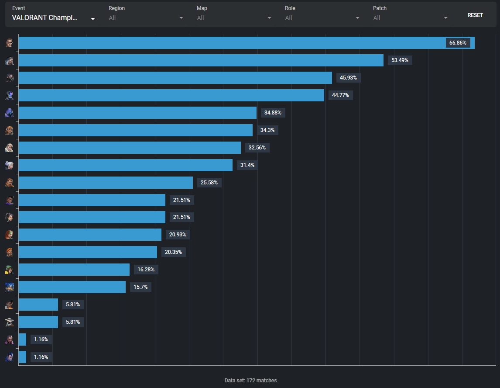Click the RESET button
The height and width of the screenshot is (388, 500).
pos(475,15)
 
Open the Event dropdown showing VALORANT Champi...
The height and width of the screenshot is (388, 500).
pos(54,18)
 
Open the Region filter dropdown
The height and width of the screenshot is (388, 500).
pos(146,18)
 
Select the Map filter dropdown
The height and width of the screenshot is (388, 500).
pos(234,18)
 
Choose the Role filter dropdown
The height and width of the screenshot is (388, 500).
pos(322,18)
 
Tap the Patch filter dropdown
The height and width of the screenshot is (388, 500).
pos(410,18)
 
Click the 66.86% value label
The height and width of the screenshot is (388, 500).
pos(458,43)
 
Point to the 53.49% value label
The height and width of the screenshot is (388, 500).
pos(400,60)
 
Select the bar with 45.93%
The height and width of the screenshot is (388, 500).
pos(175,78)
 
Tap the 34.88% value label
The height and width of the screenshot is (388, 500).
pos(273,113)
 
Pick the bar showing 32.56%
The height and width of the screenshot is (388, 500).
pos(129,148)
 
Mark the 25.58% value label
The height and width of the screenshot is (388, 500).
pos(209,182)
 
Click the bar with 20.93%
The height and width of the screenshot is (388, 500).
pos(89,235)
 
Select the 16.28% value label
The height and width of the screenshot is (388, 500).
pos(146,270)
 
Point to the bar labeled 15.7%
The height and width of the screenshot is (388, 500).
pos(72,287)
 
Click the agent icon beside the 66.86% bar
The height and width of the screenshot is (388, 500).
pos(10,43)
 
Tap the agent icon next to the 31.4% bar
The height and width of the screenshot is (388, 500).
pos(10,165)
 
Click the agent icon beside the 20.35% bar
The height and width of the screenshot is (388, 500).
pos(10,252)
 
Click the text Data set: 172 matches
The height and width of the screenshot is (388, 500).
pos(250,381)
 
